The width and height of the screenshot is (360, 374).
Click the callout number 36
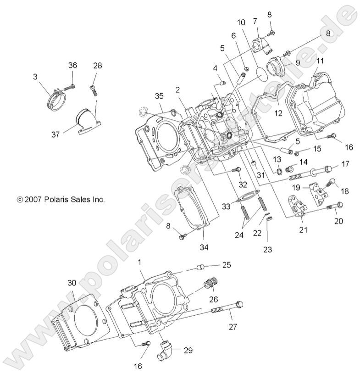[72, 65]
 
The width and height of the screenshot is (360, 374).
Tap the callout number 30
[72, 283]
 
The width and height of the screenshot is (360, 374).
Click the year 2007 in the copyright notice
[33, 200]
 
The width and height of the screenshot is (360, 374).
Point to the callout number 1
[139, 261]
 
